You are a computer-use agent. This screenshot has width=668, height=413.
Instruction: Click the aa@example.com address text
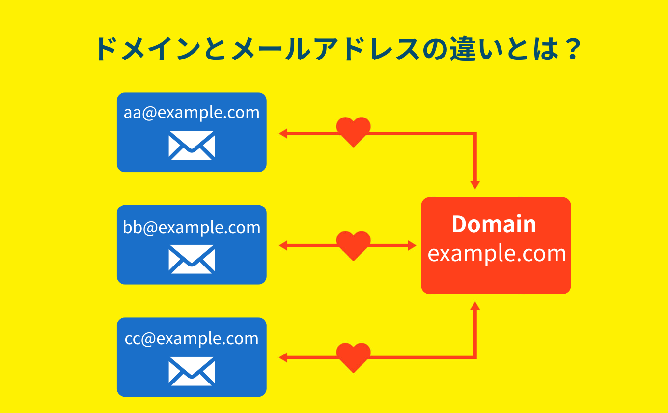point(192,113)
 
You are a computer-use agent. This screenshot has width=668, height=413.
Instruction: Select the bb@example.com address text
point(192,227)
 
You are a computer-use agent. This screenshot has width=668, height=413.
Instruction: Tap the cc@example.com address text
point(192,339)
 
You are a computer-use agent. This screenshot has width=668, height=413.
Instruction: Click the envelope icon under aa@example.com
point(192,145)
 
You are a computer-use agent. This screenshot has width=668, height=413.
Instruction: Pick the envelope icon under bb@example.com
point(192,259)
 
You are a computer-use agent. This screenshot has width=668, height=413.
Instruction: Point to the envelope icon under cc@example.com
point(192,371)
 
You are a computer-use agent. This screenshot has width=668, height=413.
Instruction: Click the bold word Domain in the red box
point(494,224)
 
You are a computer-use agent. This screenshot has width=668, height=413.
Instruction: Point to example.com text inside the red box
point(497,254)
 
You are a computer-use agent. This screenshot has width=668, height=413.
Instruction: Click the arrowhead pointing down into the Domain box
point(475,185)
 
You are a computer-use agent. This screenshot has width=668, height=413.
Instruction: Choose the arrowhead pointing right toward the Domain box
point(412,245)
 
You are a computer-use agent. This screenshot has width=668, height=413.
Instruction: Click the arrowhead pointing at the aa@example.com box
point(283,133)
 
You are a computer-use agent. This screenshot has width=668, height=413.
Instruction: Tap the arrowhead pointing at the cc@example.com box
point(283,357)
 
